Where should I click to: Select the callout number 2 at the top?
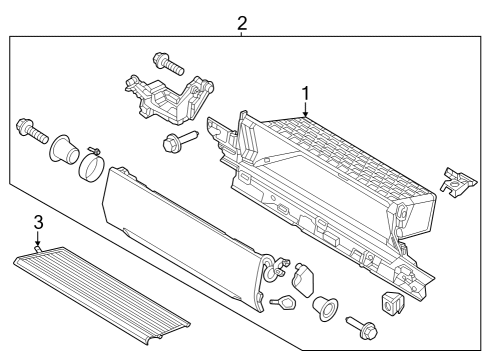pos(242,21)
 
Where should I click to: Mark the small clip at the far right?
pos(455,180)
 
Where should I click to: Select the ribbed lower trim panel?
pos(100,290)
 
